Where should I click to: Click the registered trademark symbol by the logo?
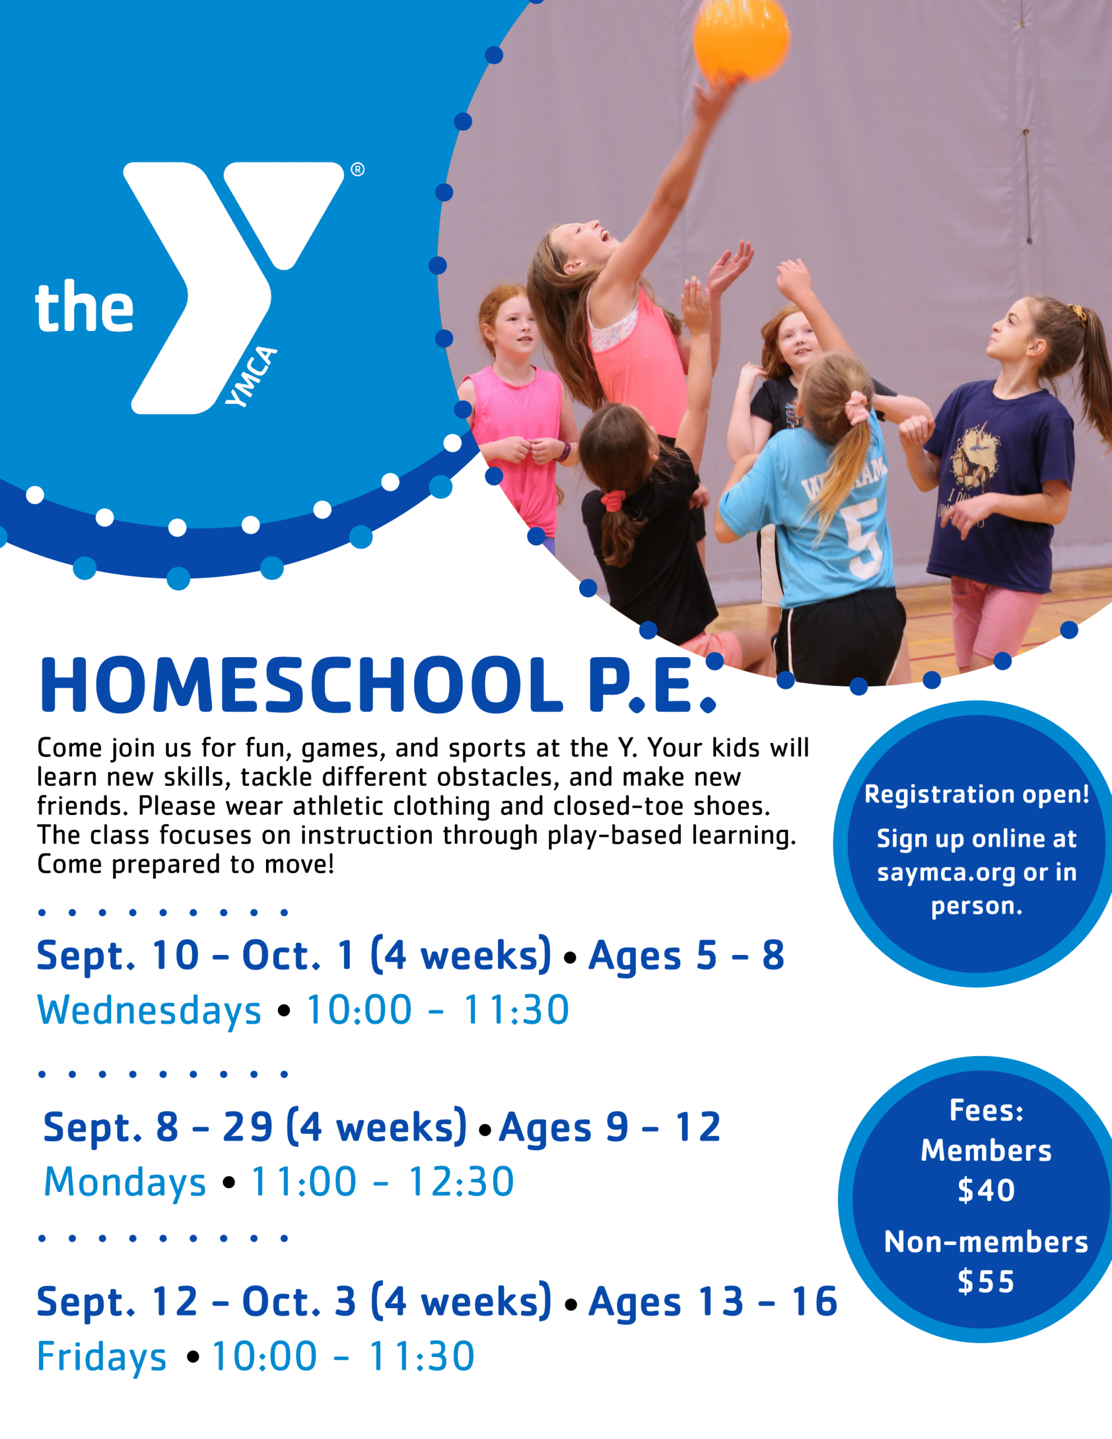click(x=357, y=169)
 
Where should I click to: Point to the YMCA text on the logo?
click(x=251, y=376)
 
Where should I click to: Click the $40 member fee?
click(x=986, y=1190)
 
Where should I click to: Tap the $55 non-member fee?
click(x=986, y=1282)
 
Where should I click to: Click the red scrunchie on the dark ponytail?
click(x=612, y=501)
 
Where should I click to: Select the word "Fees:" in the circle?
click(x=986, y=1111)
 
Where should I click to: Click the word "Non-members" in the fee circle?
click(x=986, y=1242)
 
